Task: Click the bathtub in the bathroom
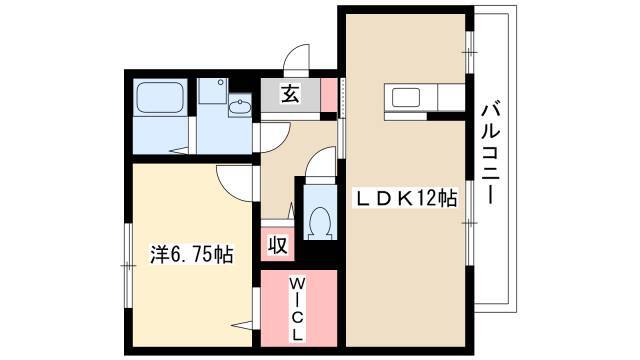160,98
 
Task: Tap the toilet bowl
320,223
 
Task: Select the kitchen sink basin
406,98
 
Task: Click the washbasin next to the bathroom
240,107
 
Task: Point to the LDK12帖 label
406,199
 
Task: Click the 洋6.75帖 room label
192,254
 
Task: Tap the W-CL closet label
297,309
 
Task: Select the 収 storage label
278,245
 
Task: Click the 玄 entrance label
290,94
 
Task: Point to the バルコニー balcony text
491,153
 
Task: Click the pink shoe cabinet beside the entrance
329,95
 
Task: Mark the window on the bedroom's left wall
128,266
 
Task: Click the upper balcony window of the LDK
470,52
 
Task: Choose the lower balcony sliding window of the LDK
470,222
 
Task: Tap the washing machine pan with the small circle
212,90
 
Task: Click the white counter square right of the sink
451,97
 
